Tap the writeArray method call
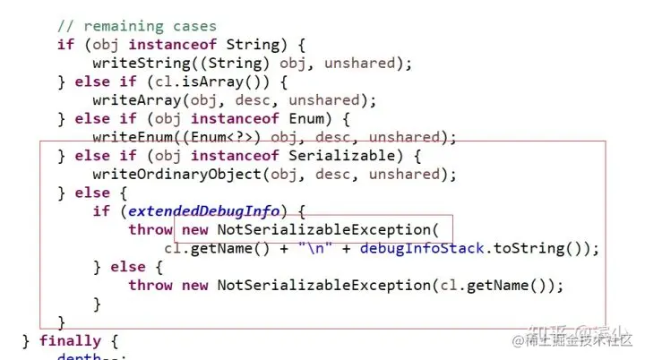(130, 100)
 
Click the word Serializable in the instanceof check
(337, 156)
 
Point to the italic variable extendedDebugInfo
(204, 211)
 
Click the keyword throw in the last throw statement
(150, 285)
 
